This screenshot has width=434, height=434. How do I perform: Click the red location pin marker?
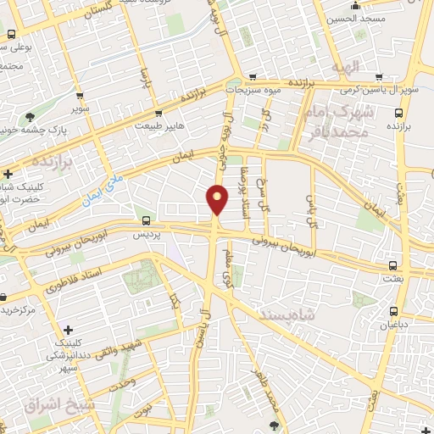[x=217, y=199]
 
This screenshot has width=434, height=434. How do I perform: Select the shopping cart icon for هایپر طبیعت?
[x=158, y=114]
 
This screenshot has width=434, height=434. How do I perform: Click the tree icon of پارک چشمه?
[x=31, y=118]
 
